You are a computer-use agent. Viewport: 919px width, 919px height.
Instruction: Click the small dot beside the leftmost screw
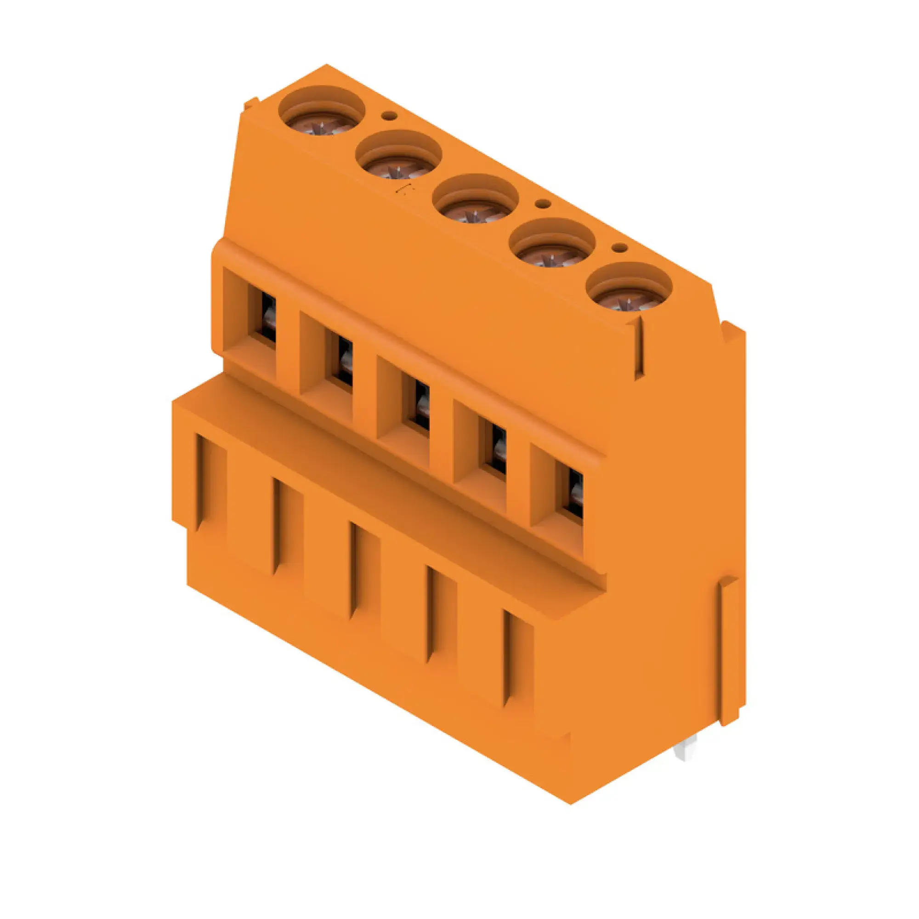click(390, 116)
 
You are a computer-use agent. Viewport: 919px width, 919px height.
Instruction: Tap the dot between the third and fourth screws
click(542, 204)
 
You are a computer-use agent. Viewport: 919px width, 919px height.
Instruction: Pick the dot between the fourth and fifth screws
click(619, 247)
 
